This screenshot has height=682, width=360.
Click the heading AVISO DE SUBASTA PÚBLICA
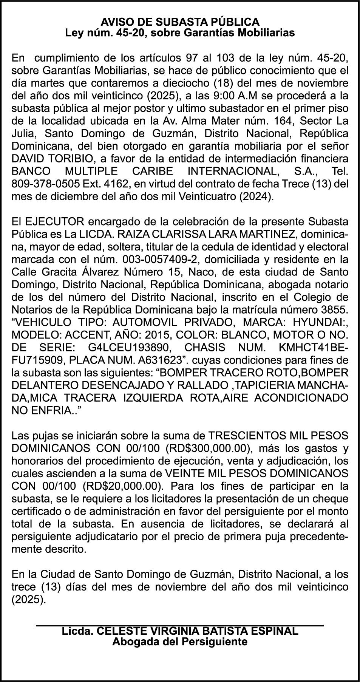[180, 22]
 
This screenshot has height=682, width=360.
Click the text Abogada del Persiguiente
[180, 642]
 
